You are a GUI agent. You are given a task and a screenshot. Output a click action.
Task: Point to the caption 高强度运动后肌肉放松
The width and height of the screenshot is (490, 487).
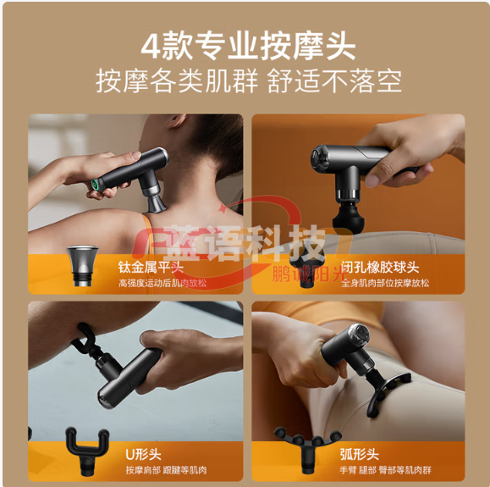(x=162, y=282)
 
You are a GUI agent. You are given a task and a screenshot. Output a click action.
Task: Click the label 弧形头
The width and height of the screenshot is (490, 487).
(x=362, y=454)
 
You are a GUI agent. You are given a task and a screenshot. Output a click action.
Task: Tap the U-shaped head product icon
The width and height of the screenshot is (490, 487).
(x=84, y=448)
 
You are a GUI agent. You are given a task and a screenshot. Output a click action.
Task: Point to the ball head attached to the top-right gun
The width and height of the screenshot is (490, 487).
(x=348, y=215)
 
